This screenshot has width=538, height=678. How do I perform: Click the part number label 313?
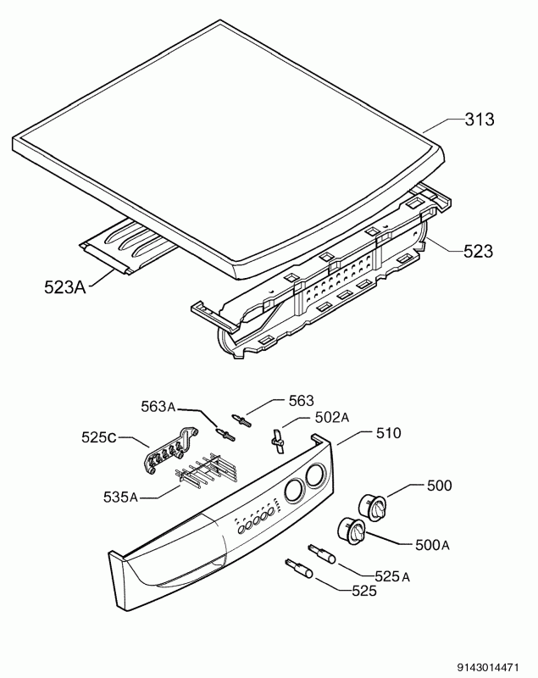click(x=480, y=119)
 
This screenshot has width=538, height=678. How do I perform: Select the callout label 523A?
click(x=65, y=286)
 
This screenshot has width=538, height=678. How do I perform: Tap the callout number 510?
click(x=389, y=433)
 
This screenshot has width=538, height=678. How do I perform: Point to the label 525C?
click(x=99, y=437)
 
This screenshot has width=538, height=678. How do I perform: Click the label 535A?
click(x=120, y=497)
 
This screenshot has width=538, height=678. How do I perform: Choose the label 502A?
click(x=332, y=417)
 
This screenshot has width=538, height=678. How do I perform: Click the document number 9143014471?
click(x=488, y=668)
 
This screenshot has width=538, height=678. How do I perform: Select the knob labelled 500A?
click(x=351, y=529)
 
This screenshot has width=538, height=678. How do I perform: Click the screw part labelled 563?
click(x=242, y=420)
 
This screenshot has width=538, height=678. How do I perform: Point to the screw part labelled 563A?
click(x=225, y=434)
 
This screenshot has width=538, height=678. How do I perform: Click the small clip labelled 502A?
click(x=275, y=441)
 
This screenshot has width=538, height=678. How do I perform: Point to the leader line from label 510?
click(x=354, y=437)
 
